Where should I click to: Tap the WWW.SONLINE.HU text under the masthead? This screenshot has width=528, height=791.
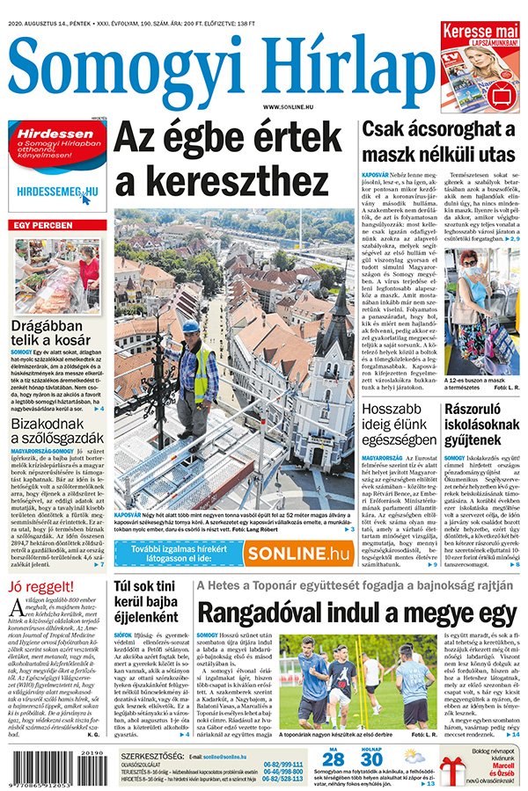pos(282,106)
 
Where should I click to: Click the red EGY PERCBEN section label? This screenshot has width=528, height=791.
pos(43,226)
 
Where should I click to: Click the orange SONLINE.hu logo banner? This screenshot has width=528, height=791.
pos(297,554)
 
